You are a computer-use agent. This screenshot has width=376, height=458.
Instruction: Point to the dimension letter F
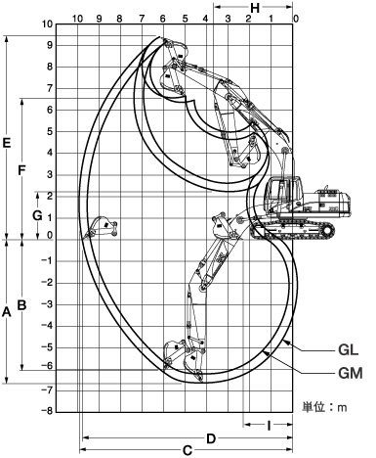pyautogui.click(x=21, y=169)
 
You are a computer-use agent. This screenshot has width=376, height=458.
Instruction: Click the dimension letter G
pyautogui.click(x=36, y=213)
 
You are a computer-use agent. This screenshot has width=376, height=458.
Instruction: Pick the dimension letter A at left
pyautogui.click(x=7, y=312)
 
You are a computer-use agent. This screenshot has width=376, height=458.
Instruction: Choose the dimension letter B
pyautogui.click(x=21, y=304)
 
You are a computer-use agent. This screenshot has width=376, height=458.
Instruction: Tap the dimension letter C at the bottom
pyautogui.click(x=186, y=450)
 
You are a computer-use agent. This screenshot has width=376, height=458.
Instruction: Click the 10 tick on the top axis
pyautogui.click(x=77, y=19)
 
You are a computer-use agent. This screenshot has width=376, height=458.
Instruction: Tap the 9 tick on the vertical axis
pyautogui.click(x=49, y=44)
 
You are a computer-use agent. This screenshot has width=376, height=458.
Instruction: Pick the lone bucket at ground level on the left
pyautogui.click(x=101, y=231)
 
